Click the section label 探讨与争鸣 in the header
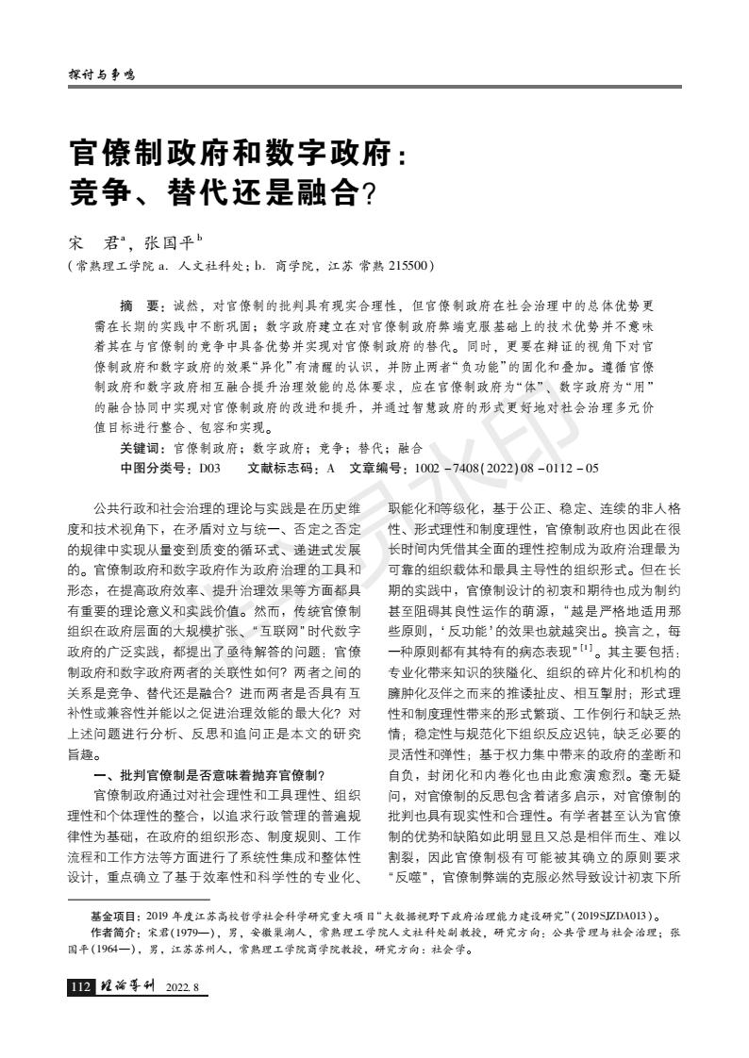click(x=101, y=74)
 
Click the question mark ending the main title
click(x=370, y=193)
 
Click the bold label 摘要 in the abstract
click(x=142, y=307)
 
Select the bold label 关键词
click(x=141, y=449)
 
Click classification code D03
click(x=209, y=468)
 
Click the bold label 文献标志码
click(x=283, y=468)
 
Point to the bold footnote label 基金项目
click(x=114, y=916)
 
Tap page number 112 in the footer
click(x=81, y=987)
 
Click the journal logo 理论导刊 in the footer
click(x=127, y=987)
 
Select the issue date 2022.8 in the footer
click(x=186, y=988)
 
